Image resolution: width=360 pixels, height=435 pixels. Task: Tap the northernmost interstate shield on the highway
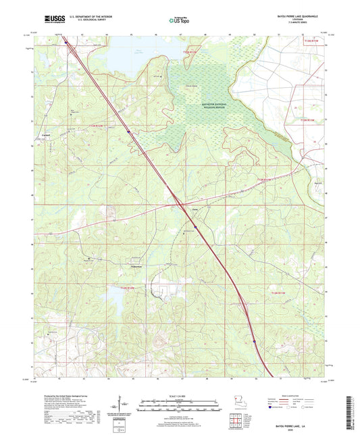click(x=129, y=132)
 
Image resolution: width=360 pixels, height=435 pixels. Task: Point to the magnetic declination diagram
click(x=120, y=405)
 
